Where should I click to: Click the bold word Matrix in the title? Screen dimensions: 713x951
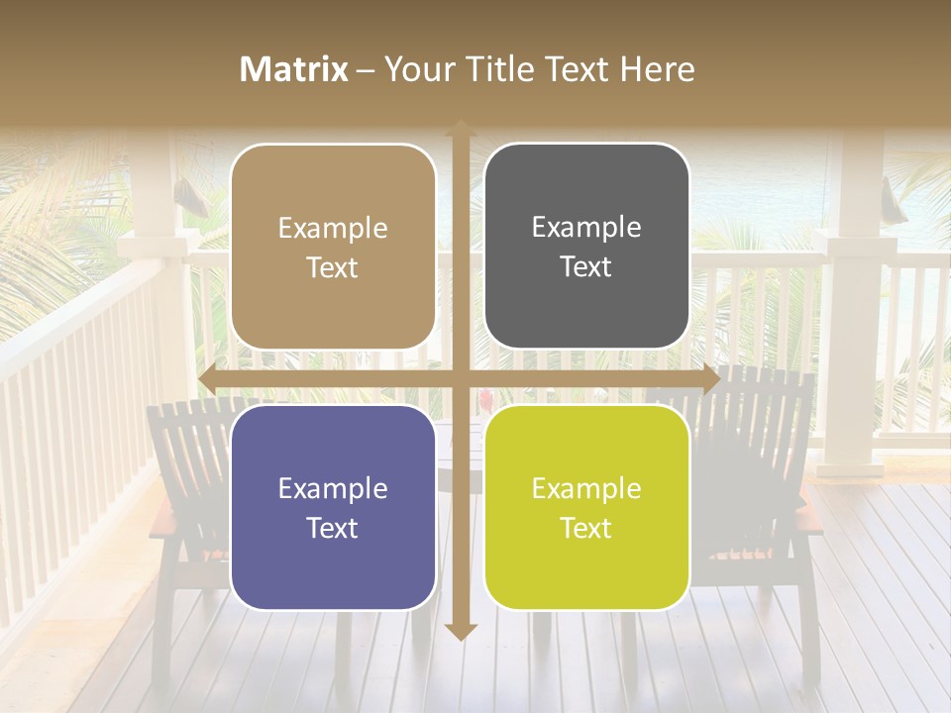[294, 69]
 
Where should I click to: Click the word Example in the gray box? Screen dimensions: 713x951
[586, 228]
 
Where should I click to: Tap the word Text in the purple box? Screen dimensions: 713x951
[333, 528]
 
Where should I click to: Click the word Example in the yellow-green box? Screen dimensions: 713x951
[586, 488]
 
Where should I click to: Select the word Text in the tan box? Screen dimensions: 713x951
[333, 267]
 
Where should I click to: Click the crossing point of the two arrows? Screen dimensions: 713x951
[460, 379]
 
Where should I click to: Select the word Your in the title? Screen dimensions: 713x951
[416, 69]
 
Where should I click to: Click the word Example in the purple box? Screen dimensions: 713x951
[333, 488]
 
